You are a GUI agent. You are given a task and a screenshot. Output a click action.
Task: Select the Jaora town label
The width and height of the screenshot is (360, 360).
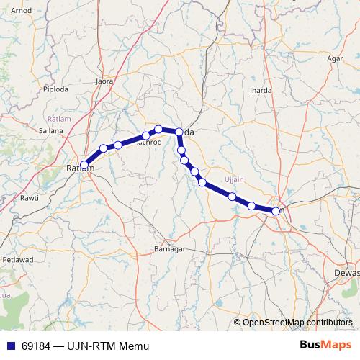pyautogui.click(x=105, y=81)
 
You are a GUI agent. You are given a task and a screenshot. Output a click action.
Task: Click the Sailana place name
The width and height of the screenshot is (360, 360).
pyautogui.click(x=51, y=131)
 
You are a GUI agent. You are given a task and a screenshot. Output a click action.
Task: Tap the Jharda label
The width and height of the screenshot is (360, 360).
pyautogui.click(x=260, y=91)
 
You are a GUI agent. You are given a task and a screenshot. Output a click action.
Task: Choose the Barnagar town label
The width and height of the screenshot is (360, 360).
pyautogui.click(x=171, y=248)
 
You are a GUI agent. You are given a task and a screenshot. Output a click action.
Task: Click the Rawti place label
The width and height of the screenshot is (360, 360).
pyautogui.click(x=29, y=197)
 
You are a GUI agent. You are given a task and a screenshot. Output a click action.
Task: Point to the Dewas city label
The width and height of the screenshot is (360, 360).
pyautogui.click(x=346, y=273)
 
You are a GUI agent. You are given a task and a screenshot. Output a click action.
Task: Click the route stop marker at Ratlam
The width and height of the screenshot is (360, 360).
pyautogui.click(x=84, y=165)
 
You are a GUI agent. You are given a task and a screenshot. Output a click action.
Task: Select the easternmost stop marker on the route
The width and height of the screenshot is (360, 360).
pyautogui.click(x=276, y=211)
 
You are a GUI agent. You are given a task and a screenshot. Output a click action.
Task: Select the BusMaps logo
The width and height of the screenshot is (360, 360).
pyautogui.click(x=325, y=346)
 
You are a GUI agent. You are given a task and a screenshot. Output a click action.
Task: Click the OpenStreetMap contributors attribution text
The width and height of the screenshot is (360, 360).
pyautogui.click(x=298, y=322)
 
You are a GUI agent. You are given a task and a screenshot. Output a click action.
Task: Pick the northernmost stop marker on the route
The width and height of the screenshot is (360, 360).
pyautogui.click(x=158, y=130)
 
